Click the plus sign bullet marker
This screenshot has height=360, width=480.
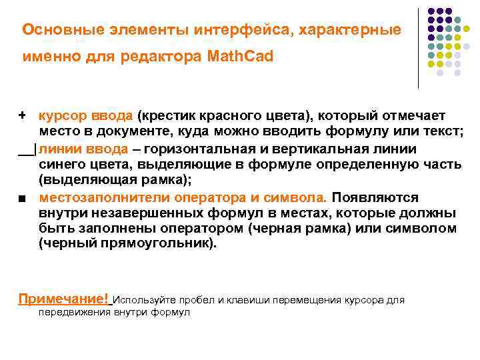pos(22,115)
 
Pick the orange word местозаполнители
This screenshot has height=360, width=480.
pos(97,197)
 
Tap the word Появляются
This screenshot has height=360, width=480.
pos(375,197)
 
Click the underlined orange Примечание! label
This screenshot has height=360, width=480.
pos(64,299)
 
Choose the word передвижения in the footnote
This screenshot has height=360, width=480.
pos(74,311)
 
